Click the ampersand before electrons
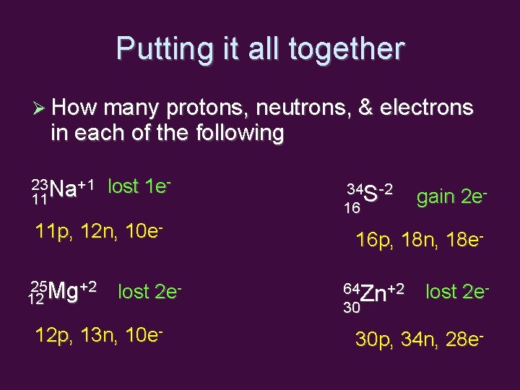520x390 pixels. tap(366, 108)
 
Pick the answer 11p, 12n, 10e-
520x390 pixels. tap(97, 232)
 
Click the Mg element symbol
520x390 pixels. tap(66, 292)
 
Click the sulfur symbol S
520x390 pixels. tap(371, 194)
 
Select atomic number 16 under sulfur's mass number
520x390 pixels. tap(352, 208)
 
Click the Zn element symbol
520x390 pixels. tap(373, 294)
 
